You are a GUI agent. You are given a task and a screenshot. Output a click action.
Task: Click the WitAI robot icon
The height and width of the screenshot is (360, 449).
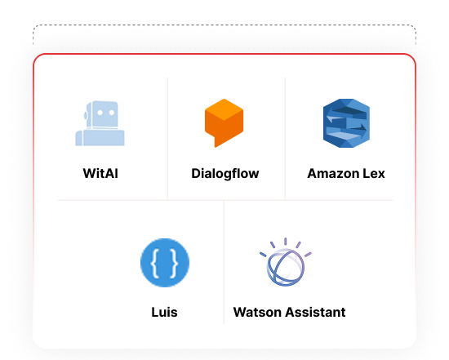(x=100, y=123)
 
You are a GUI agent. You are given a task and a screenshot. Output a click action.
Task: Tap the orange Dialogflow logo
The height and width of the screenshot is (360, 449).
(x=224, y=123)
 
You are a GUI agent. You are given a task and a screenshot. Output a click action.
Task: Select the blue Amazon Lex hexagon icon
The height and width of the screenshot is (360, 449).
(x=346, y=123)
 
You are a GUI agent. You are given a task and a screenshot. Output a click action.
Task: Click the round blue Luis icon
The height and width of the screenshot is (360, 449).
(x=165, y=263)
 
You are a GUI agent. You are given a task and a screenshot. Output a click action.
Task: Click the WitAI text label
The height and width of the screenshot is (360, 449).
(x=100, y=173)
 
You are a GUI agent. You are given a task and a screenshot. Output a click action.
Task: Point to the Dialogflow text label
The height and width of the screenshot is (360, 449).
(x=225, y=174)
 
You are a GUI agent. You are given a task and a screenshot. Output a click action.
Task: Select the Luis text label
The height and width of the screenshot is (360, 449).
(x=164, y=312)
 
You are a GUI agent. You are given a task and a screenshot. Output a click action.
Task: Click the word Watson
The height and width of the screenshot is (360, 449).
(x=257, y=312)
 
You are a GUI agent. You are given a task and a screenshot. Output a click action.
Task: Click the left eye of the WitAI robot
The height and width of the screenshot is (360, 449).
(x=100, y=113)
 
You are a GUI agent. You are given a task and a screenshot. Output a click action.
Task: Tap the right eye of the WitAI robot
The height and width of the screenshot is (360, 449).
(x=112, y=113)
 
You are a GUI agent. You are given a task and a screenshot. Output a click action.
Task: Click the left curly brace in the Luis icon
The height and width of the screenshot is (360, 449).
(x=155, y=263)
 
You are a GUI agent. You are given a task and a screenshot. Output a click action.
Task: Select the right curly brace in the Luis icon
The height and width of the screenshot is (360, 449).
(x=175, y=263)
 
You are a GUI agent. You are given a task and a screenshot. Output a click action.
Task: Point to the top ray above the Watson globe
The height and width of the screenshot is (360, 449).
(x=286, y=242)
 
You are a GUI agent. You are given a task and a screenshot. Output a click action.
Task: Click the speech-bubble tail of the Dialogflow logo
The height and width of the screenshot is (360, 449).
(x=218, y=142)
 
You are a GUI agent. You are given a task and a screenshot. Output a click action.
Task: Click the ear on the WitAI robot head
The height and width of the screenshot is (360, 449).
(x=86, y=115)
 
